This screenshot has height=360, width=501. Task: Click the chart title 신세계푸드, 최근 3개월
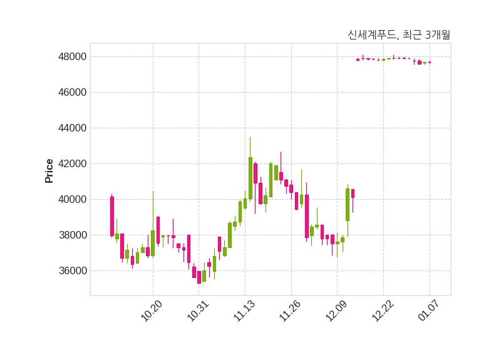pos(398,35)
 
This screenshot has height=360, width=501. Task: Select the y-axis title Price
pos(49,171)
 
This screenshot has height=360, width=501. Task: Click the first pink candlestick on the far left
pos(112,216)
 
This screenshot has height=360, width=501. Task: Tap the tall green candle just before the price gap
pos(348,205)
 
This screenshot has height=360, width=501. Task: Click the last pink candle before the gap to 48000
pos(353,193)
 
